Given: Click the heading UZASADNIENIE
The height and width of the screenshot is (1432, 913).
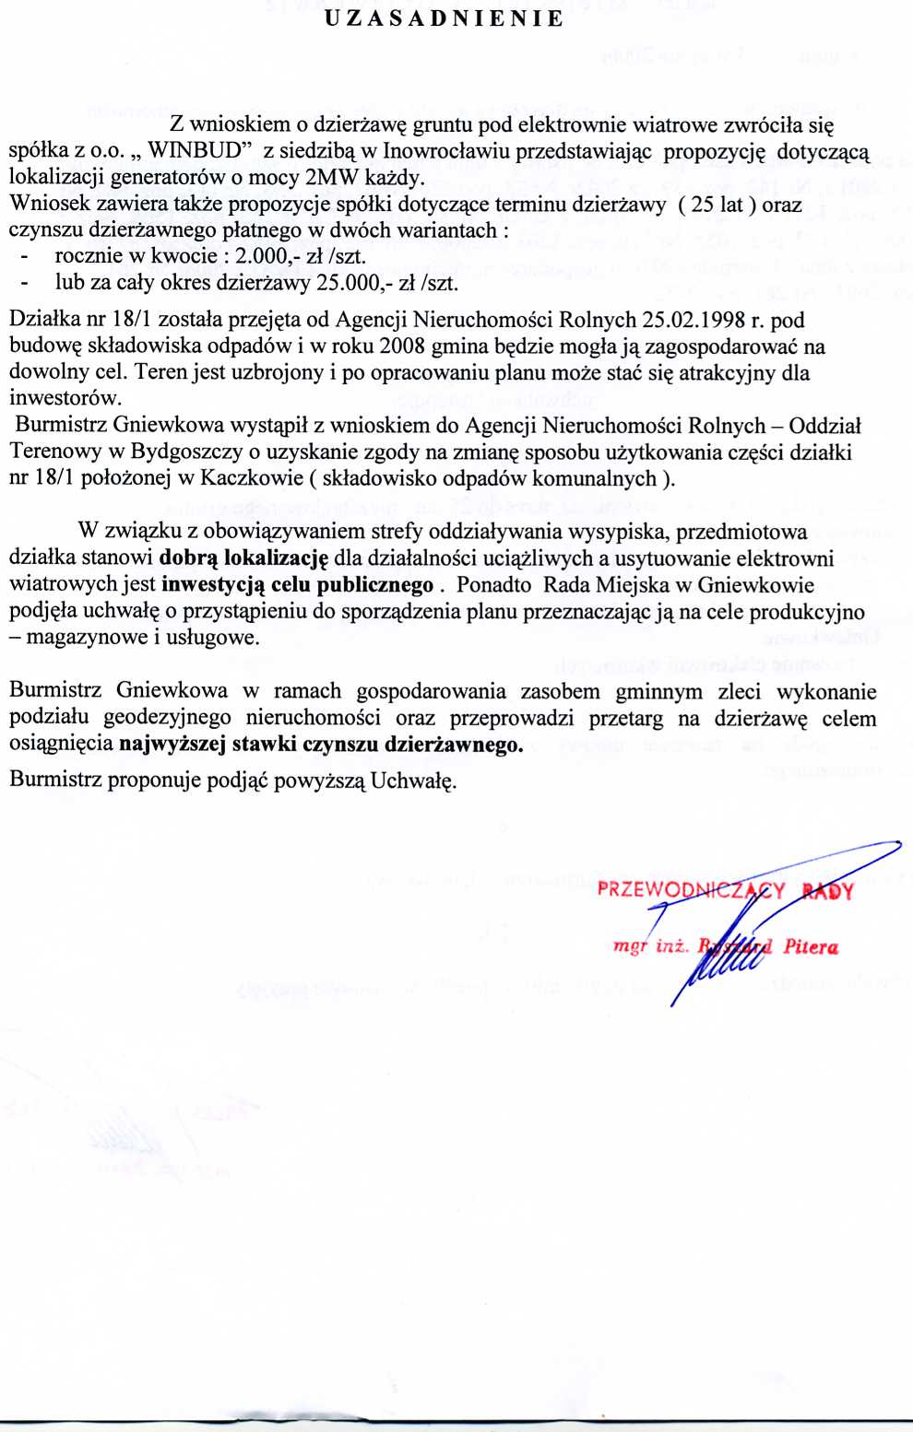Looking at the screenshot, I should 444,19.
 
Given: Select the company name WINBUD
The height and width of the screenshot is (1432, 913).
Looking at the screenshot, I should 201,151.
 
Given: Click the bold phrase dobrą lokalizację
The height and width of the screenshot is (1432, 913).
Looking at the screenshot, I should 243,558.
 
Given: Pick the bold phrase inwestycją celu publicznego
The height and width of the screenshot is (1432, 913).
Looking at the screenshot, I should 297,585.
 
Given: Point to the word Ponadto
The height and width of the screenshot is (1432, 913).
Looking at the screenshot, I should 493,585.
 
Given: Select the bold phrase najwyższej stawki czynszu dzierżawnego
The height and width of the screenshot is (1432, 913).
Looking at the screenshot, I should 320,745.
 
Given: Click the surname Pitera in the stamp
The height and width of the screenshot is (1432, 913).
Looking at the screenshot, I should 811,946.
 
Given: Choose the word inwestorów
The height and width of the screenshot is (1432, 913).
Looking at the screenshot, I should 64,399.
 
